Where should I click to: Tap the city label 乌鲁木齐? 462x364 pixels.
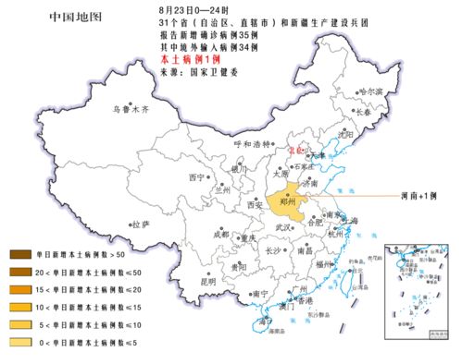tap(131, 108)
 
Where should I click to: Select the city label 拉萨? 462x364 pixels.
tap(140, 224)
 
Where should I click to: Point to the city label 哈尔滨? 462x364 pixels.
tap(369, 91)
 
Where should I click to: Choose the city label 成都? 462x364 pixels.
tap(220, 235)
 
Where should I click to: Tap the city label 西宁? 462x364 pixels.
tap(195, 176)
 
